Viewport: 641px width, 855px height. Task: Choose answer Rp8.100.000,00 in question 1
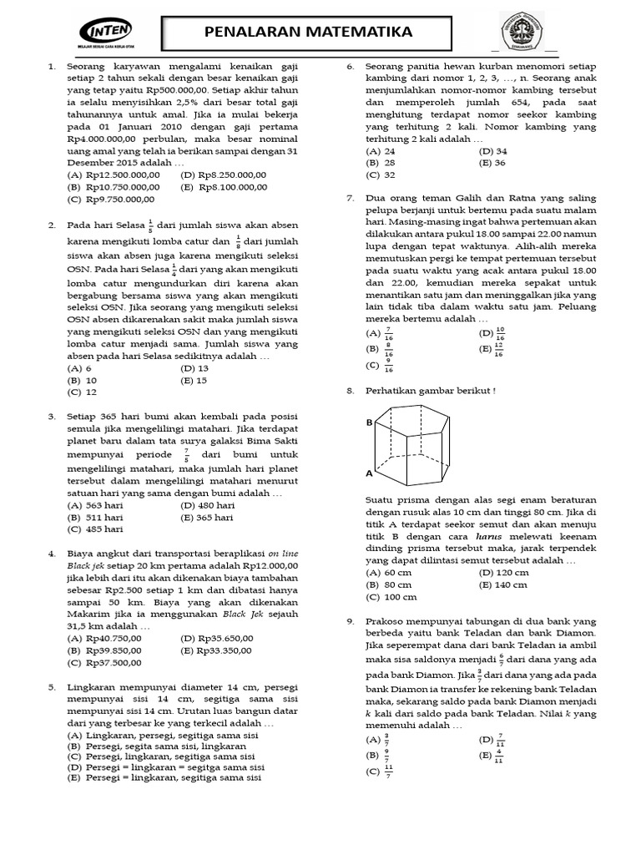pyautogui.click(x=223, y=187)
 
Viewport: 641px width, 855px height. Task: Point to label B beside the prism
pyautogui.click(x=369, y=422)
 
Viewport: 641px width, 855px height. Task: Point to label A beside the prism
pyautogui.click(x=369, y=473)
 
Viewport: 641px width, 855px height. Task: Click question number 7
pyautogui.click(x=351, y=199)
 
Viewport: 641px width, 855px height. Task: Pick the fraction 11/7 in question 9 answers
pyautogui.click(x=389, y=771)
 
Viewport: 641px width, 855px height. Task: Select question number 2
pyautogui.click(x=52, y=225)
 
